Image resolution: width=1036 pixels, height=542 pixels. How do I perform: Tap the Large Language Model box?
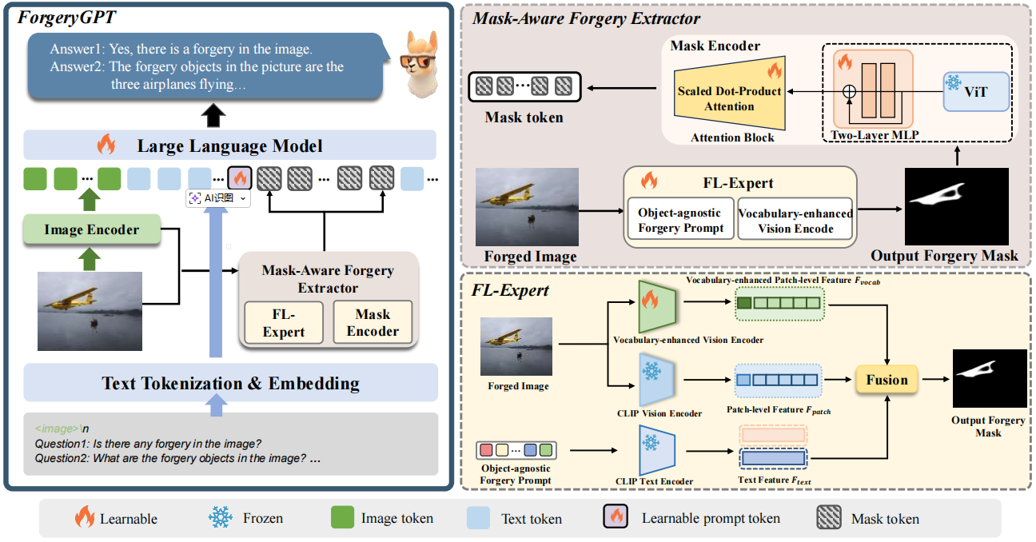(x=229, y=145)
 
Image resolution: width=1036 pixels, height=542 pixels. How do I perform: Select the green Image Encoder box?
(x=91, y=229)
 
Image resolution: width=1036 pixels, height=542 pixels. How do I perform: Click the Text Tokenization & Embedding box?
(x=230, y=384)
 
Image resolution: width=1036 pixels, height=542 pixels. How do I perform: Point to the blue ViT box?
(x=975, y=91)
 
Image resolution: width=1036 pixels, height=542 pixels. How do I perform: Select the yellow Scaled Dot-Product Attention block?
(x=729, y=98)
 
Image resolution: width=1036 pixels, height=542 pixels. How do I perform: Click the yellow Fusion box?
(x=887, y=380)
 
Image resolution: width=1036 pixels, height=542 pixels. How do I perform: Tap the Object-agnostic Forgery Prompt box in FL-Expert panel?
(x=680, y=220)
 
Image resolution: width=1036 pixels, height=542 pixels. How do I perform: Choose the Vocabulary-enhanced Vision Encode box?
(x=795, y=220)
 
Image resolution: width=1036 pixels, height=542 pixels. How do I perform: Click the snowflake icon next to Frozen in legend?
(x=220, y=518)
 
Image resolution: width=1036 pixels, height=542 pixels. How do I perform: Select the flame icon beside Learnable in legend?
(x=84, y=518)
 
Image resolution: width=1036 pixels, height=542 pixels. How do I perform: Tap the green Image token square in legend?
(x=342, y=518)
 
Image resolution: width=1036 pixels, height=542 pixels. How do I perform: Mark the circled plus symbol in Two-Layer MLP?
(x=849, y=91)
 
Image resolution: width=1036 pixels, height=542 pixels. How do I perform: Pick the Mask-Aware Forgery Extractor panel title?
(x=587, y=18)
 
